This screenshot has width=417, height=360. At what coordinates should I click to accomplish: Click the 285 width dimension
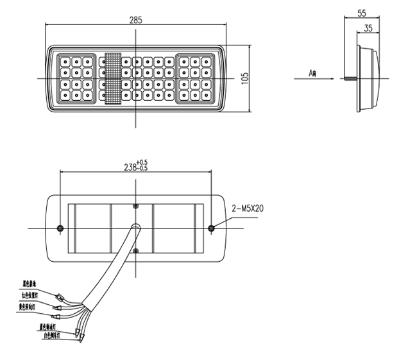click(x=135, y=19)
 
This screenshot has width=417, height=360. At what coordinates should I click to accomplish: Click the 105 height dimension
click(x=244, y=78)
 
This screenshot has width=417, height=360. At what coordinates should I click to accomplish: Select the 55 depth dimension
click(x=361, y=12)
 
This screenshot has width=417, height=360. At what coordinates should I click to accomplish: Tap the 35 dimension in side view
click(x=368, y=28)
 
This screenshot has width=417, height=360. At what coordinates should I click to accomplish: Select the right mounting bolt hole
click(x=212, y=228)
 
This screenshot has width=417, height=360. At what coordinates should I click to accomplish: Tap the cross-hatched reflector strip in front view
click(x=113, y=78)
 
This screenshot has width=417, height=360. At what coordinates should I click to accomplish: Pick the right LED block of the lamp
click(x=195, y=79)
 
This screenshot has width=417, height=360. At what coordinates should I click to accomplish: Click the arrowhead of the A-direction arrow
click(x=341, y=78)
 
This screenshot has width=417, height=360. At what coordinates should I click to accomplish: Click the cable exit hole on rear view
click(x=135, y=227)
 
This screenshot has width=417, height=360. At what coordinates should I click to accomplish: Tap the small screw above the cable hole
click(x=135, y=206)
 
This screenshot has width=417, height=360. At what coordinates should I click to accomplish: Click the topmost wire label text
click(x=33, y=282)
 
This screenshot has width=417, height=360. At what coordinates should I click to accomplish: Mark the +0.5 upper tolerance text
click(x=142, y=161)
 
